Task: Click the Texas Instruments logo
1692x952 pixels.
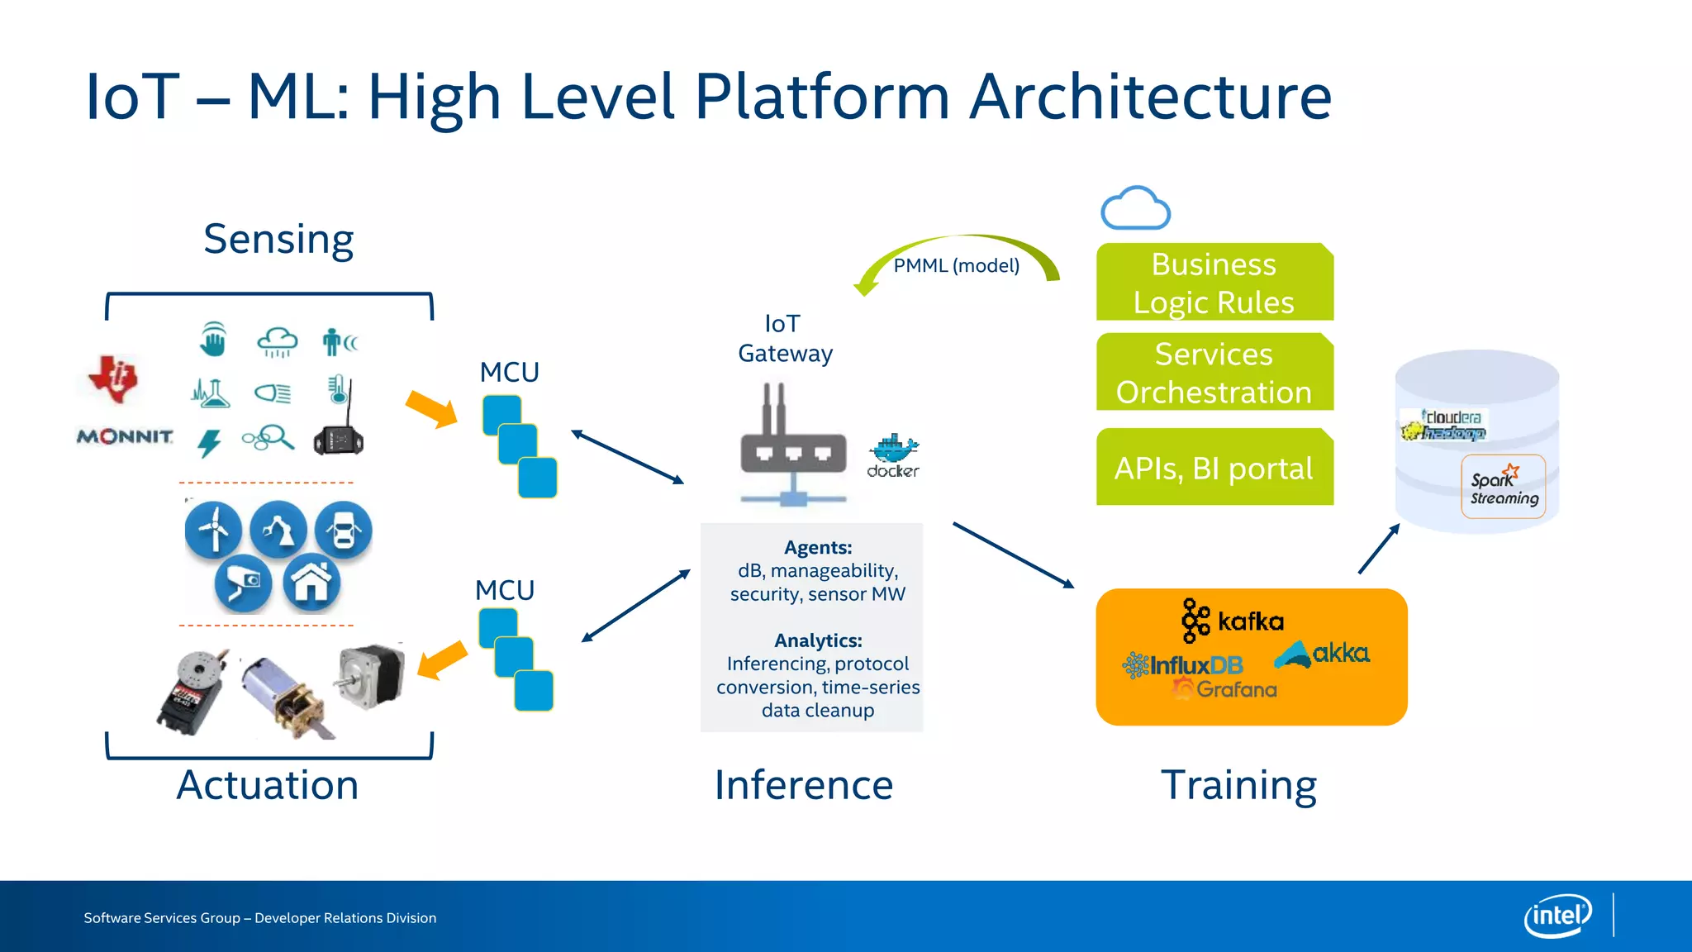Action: [x=114, y=378]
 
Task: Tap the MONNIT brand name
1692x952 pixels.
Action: [x=125, y=436]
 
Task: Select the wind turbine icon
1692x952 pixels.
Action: [x=214, y=529]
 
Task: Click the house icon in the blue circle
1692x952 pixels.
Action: [x=311, y=583]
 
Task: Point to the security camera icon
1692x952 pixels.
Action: [x=243, y=584]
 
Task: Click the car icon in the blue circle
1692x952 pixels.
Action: [x=344, y=530]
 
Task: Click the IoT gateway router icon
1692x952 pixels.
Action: [x=793, y=446]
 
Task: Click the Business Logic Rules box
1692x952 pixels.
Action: [x=1214, y=283]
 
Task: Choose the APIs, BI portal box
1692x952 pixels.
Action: [x=1214, y=468]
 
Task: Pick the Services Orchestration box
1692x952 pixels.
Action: [x=1214, y=373]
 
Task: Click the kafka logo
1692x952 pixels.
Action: [x=1233, y=621]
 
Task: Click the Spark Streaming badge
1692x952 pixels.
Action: [x=1503, y=488]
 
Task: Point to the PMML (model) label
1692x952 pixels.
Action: [x=956, y=265]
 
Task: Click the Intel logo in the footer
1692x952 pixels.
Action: [x=1557, y=916]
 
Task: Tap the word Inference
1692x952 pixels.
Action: [x=803, y=785]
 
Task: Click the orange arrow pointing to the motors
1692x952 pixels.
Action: [x=443, y=659]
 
